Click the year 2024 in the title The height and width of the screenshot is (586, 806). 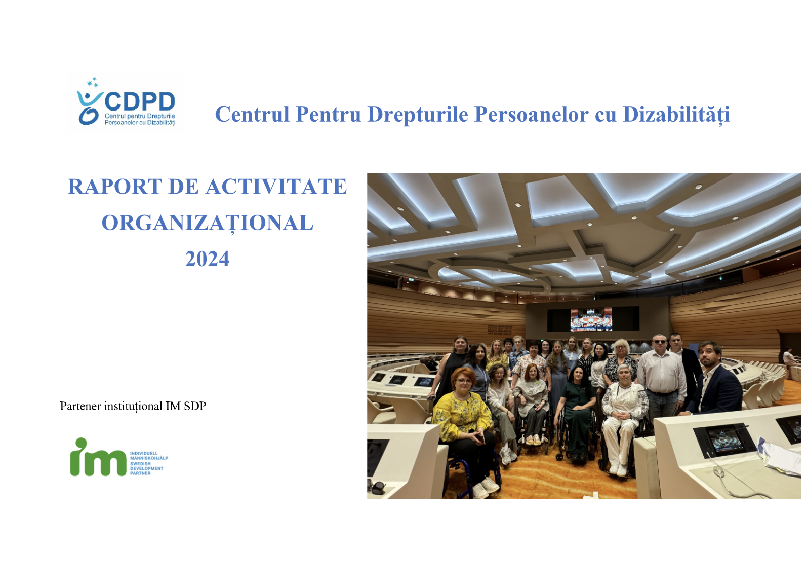[x=207, y=259]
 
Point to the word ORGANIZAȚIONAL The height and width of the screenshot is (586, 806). [x=208, y=223]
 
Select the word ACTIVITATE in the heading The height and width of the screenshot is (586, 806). [x=276, y=187]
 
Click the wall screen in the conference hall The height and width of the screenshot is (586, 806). [x=591, y=319]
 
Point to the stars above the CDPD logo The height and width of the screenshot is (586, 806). [x=93, y=82]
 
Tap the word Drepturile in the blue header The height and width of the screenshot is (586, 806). [x=419, y=115]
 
